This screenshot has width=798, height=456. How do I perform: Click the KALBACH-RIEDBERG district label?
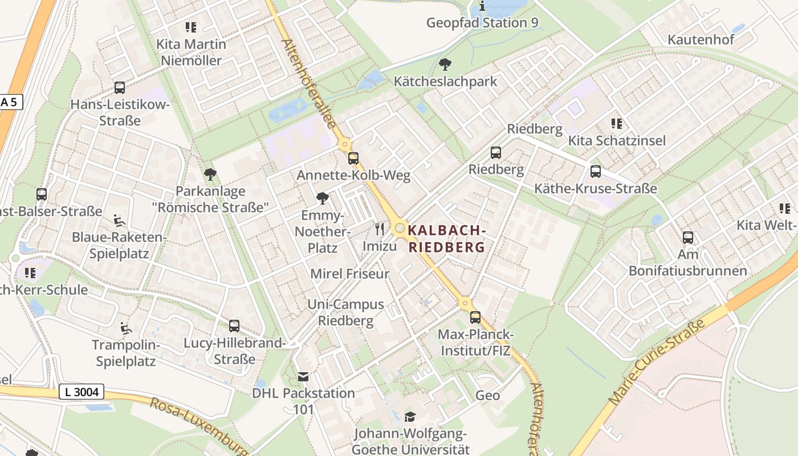pos(447,239)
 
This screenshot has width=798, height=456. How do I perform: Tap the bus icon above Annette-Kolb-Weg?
pos(353,158)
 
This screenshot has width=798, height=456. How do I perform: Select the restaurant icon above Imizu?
pos(380,229)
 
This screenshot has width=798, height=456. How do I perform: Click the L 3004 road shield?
pos(82,392)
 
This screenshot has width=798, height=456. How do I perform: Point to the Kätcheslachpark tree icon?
pos(445,64)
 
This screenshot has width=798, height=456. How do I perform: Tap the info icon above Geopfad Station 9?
pos(482,6)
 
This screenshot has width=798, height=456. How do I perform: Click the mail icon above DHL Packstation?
pos(303,377)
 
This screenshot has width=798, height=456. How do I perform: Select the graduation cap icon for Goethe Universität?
pos(410,417)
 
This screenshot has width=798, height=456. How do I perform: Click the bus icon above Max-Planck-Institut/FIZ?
pos(475,317)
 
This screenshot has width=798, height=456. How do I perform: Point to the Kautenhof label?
pos(701,40)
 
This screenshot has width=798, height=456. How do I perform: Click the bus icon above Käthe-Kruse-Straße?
pos(596,171)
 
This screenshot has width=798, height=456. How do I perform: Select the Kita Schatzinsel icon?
pos(616,124)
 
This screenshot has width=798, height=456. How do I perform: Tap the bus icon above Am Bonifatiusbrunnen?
pos(688,238)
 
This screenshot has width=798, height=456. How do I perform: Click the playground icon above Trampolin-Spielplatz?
pos(125,328)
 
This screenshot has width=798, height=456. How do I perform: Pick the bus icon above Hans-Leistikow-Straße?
pos(120,88)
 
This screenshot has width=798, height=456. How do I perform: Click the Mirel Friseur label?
pos(350,274)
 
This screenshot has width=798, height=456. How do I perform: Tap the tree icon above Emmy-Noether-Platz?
pos(322,198)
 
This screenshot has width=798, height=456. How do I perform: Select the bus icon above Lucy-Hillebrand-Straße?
pos(234,326)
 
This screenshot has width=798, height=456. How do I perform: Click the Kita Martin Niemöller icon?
pos(191,27)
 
